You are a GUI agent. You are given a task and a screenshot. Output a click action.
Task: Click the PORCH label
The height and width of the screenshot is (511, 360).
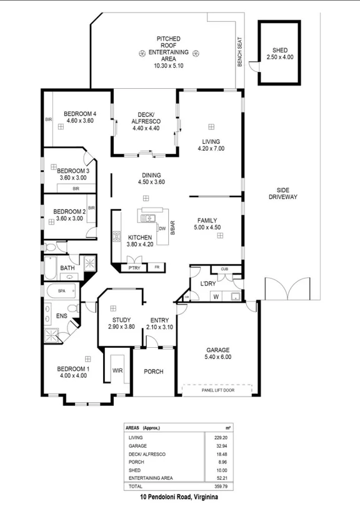[153, 372]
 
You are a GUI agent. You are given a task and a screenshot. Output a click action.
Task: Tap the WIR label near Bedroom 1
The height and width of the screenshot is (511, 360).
[117, 370]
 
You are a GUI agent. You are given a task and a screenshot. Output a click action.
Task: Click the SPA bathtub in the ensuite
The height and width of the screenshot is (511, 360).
[61, 291]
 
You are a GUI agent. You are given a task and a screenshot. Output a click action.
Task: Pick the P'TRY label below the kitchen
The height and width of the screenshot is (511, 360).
[134, 268]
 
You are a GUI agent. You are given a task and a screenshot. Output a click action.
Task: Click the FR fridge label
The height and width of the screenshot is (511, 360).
[157, 268]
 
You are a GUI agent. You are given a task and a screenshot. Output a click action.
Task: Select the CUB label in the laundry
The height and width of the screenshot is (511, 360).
[224, 270]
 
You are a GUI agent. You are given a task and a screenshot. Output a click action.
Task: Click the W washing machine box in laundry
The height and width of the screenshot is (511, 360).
[216, 296]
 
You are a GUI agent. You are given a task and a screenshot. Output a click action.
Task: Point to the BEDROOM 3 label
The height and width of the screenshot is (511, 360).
[73, 171]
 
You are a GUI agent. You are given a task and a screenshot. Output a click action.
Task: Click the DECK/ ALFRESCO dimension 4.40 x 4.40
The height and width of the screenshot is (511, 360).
[147, 128]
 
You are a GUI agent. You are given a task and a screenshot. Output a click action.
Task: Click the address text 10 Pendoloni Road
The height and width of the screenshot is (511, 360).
[164, 498]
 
